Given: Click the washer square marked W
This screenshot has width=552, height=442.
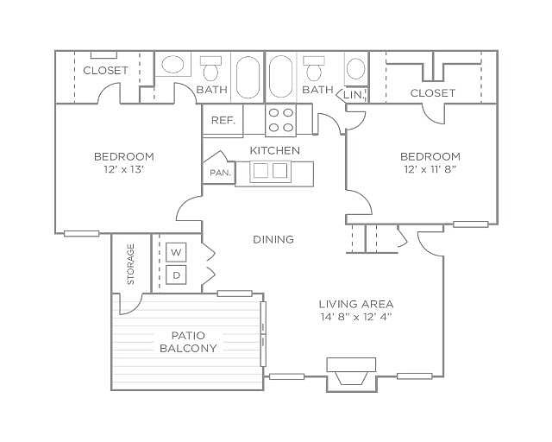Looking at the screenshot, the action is pos(176,252).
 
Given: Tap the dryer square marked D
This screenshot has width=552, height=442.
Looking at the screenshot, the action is pos(176,275).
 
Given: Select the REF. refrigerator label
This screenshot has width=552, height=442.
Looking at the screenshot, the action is pos(223,121).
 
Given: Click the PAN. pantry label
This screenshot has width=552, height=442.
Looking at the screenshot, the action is pos(221,173).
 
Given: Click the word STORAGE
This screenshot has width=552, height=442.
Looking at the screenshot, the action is pos(130,263).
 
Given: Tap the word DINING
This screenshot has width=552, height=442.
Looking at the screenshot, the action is pos(273,239).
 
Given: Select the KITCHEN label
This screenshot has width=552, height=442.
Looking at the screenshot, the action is pos(275,150).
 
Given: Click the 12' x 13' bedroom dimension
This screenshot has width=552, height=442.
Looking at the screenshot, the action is pos(124,169).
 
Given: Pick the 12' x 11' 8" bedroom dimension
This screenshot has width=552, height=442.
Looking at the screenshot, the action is pos(430,169).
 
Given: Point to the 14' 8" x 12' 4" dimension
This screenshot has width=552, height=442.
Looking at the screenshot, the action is pos(356,317).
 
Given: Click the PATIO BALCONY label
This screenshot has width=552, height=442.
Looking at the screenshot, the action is pos(188,342).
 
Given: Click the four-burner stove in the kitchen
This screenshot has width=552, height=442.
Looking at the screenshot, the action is pos(280,120).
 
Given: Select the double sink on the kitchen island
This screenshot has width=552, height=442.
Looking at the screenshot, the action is pos(270,171).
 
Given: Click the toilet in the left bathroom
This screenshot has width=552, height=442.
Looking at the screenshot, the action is pos(211,68).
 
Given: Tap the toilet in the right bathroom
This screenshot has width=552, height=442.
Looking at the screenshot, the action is pos(314,68).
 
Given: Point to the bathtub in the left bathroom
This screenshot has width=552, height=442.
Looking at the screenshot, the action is pos(248,78).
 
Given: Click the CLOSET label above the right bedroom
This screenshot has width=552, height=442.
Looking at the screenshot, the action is pos(433,93).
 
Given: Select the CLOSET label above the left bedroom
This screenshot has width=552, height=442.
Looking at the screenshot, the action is pos(105,71).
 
